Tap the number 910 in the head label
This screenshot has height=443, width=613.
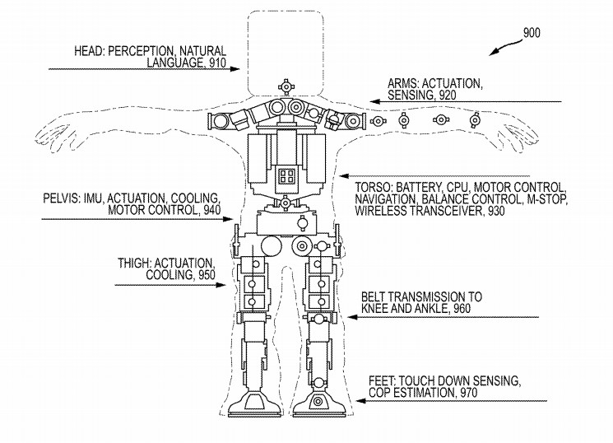(x=215, y=62)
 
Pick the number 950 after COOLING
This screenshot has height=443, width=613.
(x=207, y=276)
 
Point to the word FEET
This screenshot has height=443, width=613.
(x=382, y=381)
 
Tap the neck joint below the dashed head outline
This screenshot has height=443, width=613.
(x=286, y=86)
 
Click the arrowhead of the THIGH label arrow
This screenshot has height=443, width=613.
(x=230, y=285)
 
